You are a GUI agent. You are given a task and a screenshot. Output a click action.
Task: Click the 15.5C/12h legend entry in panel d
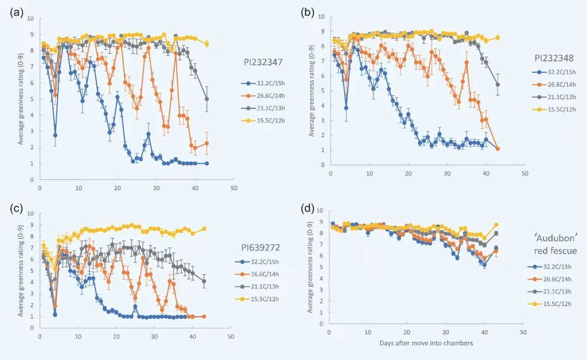550,302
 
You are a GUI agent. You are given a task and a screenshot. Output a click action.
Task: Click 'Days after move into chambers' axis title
426,343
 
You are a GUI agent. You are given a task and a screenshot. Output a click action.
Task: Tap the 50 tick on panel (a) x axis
233,188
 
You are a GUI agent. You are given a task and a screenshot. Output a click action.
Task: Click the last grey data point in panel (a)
207,99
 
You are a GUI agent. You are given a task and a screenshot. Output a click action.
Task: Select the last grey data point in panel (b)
497,85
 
